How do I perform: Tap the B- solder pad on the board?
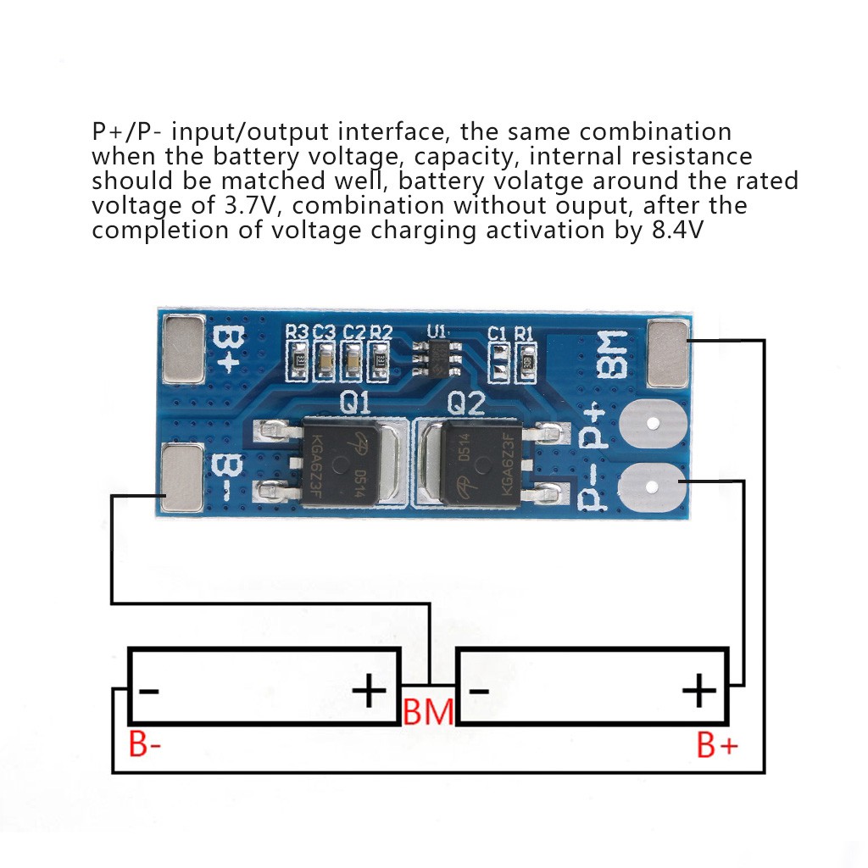[x=182, y=478]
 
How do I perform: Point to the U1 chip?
[x=437, y=358]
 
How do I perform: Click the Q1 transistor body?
[x=340, y=463]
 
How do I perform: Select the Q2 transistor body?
[x=481, y=463]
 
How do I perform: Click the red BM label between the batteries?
[x=428, y=712]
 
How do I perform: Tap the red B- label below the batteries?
[x=144, y=744]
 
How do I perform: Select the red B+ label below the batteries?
[x=717, y=745]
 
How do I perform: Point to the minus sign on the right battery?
[x=480, y=691]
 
